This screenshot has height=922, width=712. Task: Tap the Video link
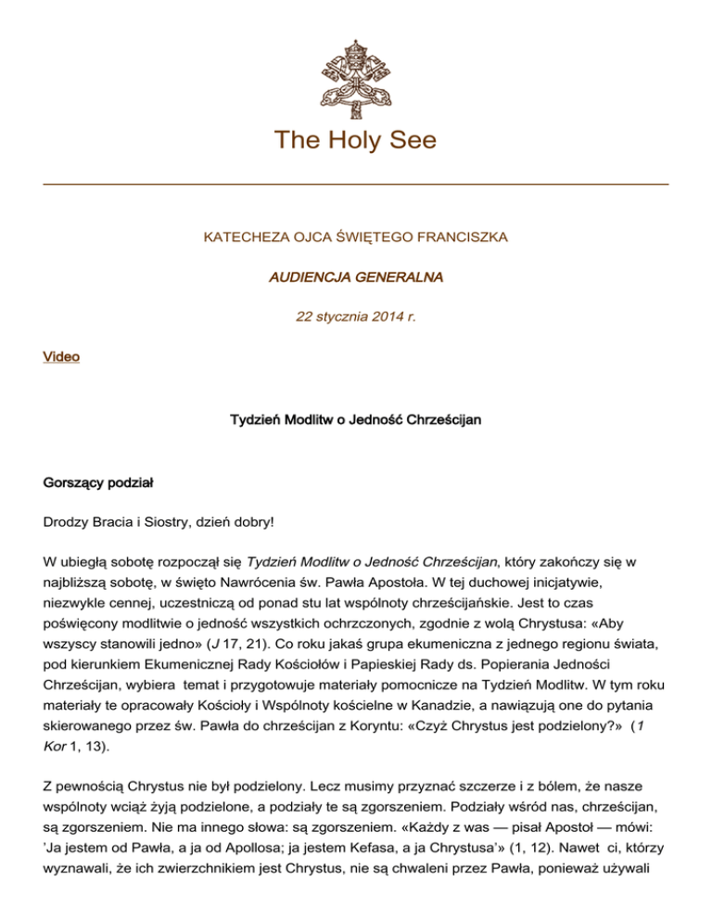[61, 356]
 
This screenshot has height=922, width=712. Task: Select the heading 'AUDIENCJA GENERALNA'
[355, 276]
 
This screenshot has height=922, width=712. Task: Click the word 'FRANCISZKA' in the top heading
[461, 237]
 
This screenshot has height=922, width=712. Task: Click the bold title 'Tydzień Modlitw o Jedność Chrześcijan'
[355, 420]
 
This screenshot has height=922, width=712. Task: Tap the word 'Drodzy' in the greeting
[68, 523]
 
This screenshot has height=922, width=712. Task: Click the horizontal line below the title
[356, 185]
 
